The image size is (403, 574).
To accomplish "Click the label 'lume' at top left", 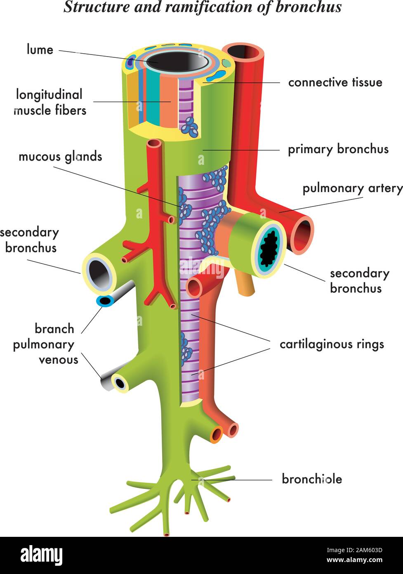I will tap(40, 50).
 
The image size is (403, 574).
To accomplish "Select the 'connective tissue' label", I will tap(335, 82).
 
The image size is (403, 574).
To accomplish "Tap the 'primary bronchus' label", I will tap(338, 149).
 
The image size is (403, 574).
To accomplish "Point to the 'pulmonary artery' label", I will tap(352, 188).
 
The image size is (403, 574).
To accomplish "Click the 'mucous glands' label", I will tap(60, 157).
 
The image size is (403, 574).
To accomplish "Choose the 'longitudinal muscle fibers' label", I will tap(50, 102).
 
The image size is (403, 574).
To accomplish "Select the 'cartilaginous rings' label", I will tap(332, 344).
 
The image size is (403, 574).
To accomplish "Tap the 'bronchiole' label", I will tap(312, 479).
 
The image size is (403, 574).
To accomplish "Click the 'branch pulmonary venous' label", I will tap(45, 344).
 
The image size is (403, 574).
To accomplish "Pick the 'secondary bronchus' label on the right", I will tap(359, 280).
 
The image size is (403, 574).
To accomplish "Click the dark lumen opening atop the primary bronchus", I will tap(180, 62).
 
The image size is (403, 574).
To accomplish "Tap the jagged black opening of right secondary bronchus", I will tap(271, 249).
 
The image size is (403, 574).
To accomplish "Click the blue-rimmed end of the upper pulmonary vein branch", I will tap(105, 301).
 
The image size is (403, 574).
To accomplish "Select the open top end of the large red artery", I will tap(243, 52).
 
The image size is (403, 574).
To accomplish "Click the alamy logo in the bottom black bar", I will tap(42, 555).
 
